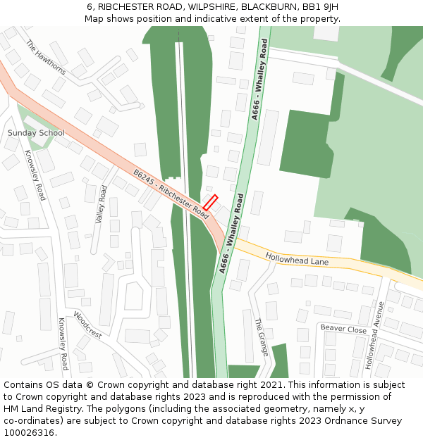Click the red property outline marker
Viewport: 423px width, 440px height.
tap(210, 202)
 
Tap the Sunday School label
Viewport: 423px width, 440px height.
tap(36, 133)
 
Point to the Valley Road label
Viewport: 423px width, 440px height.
tap(101, 204)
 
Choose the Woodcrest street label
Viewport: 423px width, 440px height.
tap(87, 325)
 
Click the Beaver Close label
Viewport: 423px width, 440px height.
tap(343, 329)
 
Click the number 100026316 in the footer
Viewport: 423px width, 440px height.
tap(29, 433)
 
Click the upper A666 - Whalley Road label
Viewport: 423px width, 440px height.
tap(259, 80)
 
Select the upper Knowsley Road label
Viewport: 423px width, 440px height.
tap(35, 175)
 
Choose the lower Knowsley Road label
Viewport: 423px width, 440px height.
tap(63, 344)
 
